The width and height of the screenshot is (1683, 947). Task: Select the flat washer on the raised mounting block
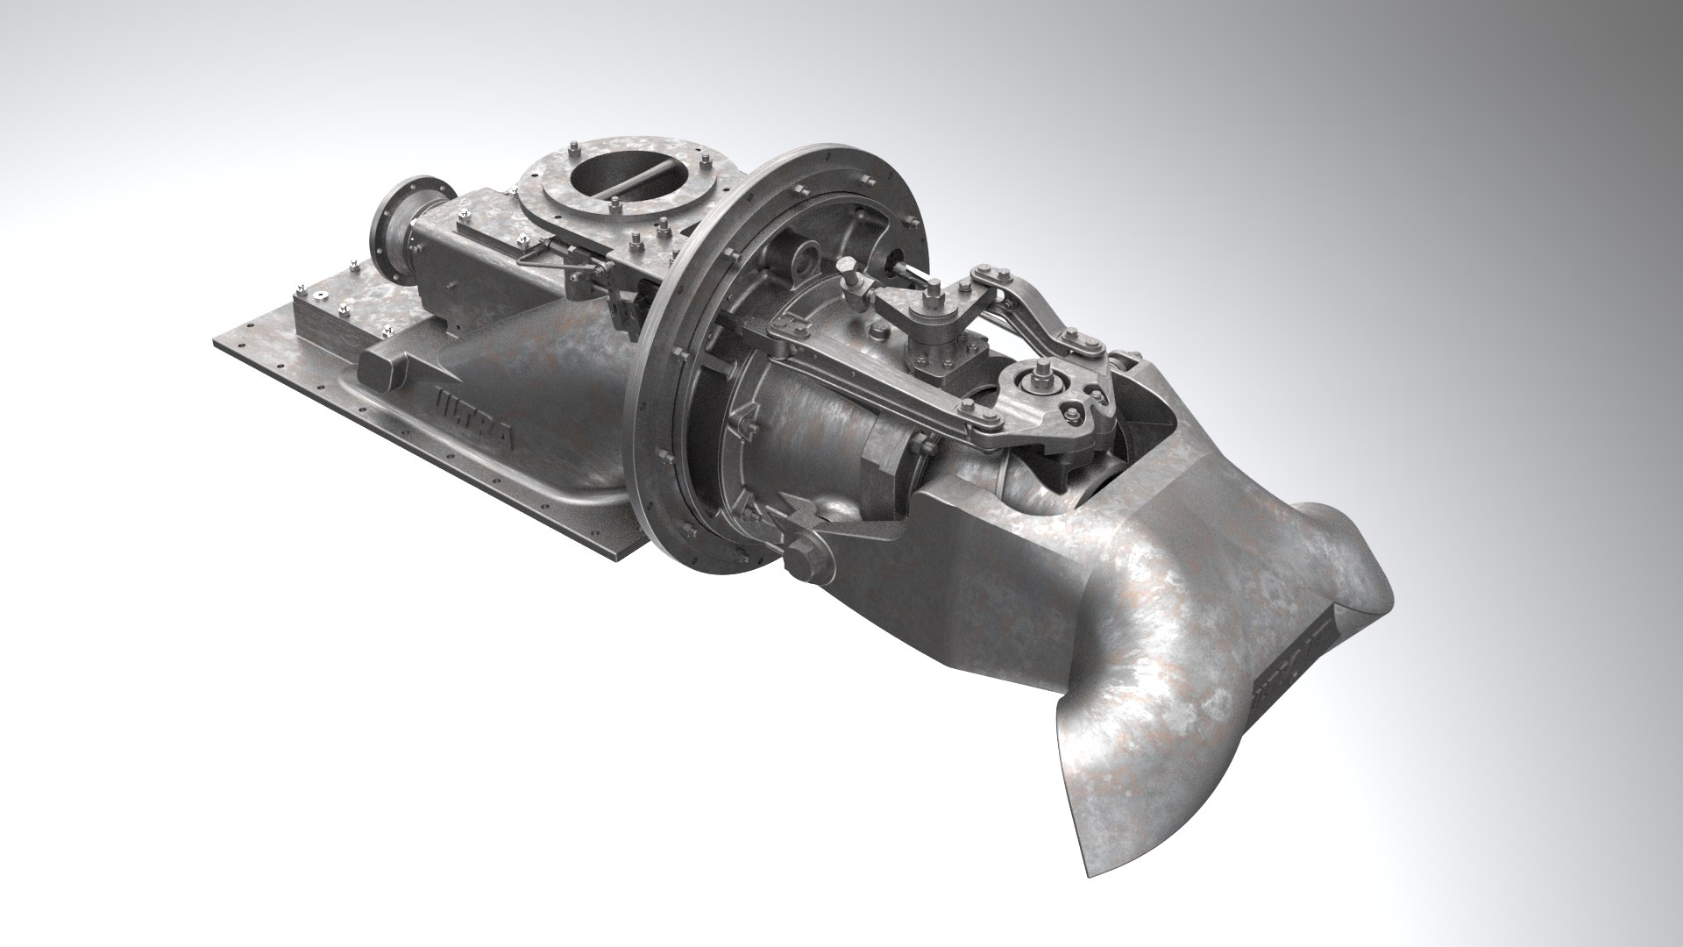click(x=321, y=295)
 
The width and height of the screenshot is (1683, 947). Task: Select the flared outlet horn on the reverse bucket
click(x=1341, y=552)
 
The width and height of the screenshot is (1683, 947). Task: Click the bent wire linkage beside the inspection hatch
click(x=543, y=254)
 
